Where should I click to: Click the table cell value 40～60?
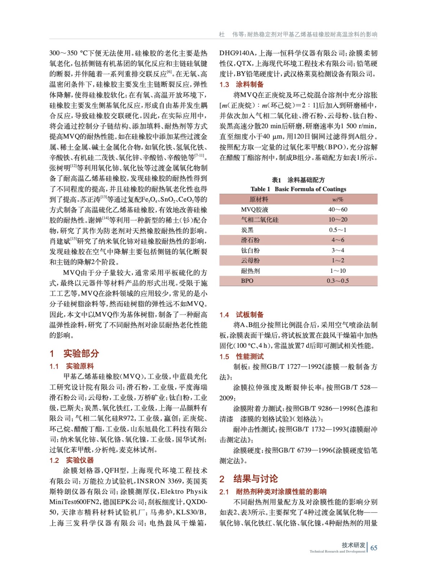pos(337,210)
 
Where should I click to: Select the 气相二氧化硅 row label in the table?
pos(259,220)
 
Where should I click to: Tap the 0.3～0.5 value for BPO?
pos(337,281)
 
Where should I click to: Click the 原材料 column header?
pos(259,199)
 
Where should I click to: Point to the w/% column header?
pos(337,199)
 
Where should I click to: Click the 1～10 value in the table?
pos(337,271)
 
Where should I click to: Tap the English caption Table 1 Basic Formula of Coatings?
pos(298,189)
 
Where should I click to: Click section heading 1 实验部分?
pos(74,353)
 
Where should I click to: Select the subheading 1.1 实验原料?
pos(72,366)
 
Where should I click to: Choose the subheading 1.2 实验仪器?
pos(72,460)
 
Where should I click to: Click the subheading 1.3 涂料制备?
pos(242,84)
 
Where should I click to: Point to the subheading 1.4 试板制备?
pos(242,315)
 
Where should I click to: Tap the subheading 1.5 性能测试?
pos(242,356)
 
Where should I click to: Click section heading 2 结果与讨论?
pos(249,479)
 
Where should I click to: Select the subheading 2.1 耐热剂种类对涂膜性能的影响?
pos(273,492)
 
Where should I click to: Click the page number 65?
pos(374,548)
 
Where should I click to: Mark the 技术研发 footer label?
pos(353,545)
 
